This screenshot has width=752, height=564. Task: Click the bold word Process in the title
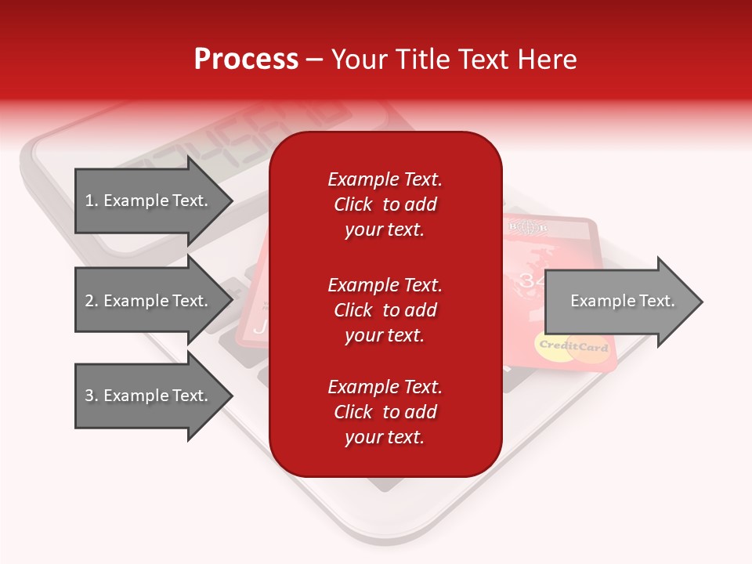(x=246, y=60)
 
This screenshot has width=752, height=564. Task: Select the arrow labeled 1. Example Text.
(x=149, y=201)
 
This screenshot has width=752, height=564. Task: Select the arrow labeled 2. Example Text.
(x=149, y=301)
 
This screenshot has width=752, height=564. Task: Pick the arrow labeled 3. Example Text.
(x=149, y=396)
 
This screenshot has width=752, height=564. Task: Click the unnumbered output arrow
(x=619, y=302)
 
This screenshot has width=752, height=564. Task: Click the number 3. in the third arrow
(x=92, y=396)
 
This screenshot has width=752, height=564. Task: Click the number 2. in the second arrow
(x=92, y=301)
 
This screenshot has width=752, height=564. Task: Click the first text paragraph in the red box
(x=385, y=204)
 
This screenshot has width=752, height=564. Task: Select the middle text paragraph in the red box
(x=385, y=310)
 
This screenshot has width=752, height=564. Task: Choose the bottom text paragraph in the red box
(x=385, y=412)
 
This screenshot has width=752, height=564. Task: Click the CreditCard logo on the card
(x=573, y=347)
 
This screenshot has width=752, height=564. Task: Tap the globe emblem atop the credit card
(x=530, y=229)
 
